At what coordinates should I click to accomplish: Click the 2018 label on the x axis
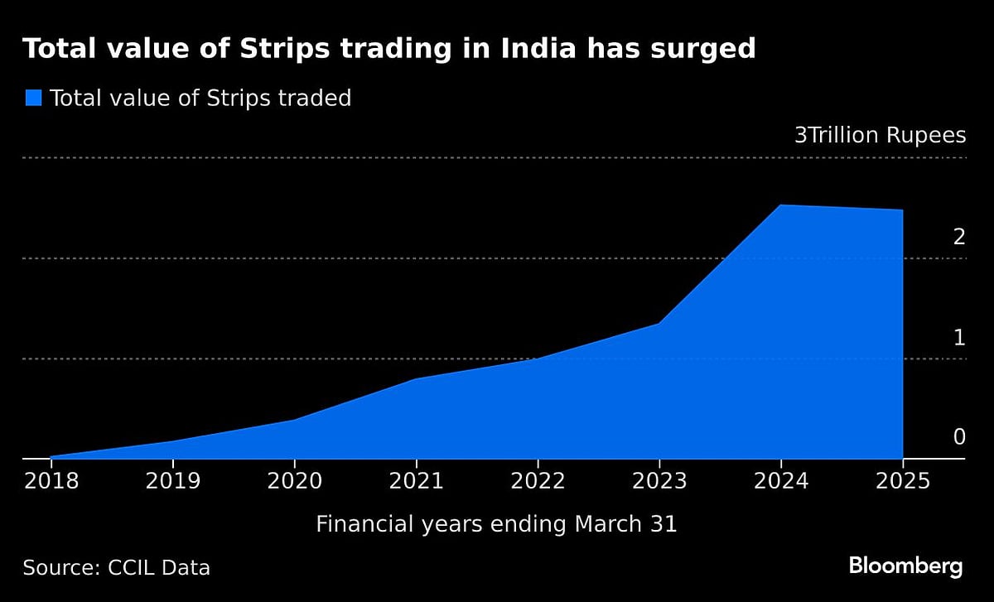(51, 481)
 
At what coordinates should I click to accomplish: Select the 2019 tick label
(172, 481)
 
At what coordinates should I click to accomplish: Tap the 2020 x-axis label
(294, 481)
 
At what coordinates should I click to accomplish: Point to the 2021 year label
(416, 481)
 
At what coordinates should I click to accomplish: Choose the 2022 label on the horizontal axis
(538, 481)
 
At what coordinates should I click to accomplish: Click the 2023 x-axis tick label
(659, 481)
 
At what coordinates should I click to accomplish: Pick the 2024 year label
(781, 481)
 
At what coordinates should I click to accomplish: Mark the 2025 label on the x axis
(902, 481)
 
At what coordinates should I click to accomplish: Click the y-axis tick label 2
(959, 238)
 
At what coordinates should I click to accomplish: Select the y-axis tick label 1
(959, 338)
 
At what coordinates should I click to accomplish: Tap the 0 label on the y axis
(959, 437)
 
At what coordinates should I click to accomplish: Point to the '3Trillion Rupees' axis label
(880, 136)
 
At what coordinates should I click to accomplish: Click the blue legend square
(33, 98)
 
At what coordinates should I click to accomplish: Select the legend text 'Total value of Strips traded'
(200, 99)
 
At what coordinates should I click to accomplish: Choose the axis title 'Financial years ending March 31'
(496, 524)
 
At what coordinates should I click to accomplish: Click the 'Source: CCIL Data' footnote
(116, 568)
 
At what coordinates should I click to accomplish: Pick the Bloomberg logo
(905, 567)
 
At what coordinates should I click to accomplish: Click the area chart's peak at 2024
(780, 205)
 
